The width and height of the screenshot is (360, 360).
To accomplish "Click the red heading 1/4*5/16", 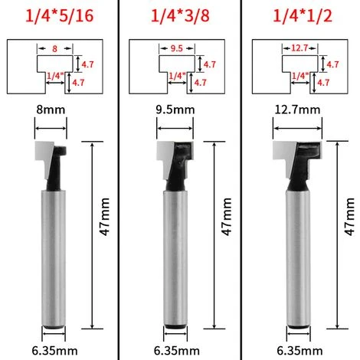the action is pyautogui.click(x=60, y=15).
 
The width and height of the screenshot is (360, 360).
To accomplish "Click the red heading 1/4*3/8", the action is pyautogui.click(x=180, y=15).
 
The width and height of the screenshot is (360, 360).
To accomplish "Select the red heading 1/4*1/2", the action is pyautogui.click(x=303, y=15).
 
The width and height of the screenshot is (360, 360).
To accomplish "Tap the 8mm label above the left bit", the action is pyautogui.click(x=51, y=110).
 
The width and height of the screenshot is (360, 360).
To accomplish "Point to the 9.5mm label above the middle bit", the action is pyautogui.click(x=175, y=110).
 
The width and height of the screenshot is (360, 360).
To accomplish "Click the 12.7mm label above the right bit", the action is pyautogui.click(x=297, y=110).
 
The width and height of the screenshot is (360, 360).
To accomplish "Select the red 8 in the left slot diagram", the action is pyautogui.click(x=54, y=48).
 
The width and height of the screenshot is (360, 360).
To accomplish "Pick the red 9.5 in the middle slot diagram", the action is pyautogui.click(x=177, y=48).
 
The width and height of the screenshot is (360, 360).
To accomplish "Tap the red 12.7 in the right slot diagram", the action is pyautogui.click(x=299, y=48).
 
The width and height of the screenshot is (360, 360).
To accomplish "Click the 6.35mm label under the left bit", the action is pyautogui.click(x=55, y=351).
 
